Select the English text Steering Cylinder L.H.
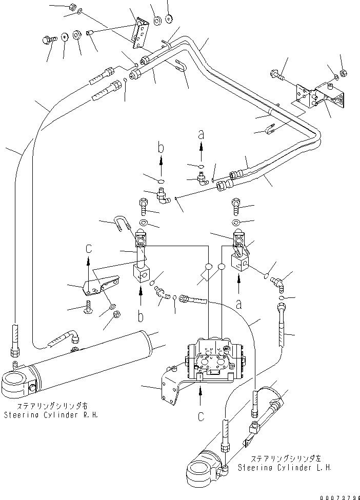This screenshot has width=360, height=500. tap(285, 468)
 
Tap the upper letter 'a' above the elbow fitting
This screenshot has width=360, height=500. tap(201, 135)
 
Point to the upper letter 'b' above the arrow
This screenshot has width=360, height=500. tap(161, 149)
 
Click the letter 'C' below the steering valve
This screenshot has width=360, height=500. tap(201, 416)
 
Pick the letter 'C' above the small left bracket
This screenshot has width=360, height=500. tap(88, 249)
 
